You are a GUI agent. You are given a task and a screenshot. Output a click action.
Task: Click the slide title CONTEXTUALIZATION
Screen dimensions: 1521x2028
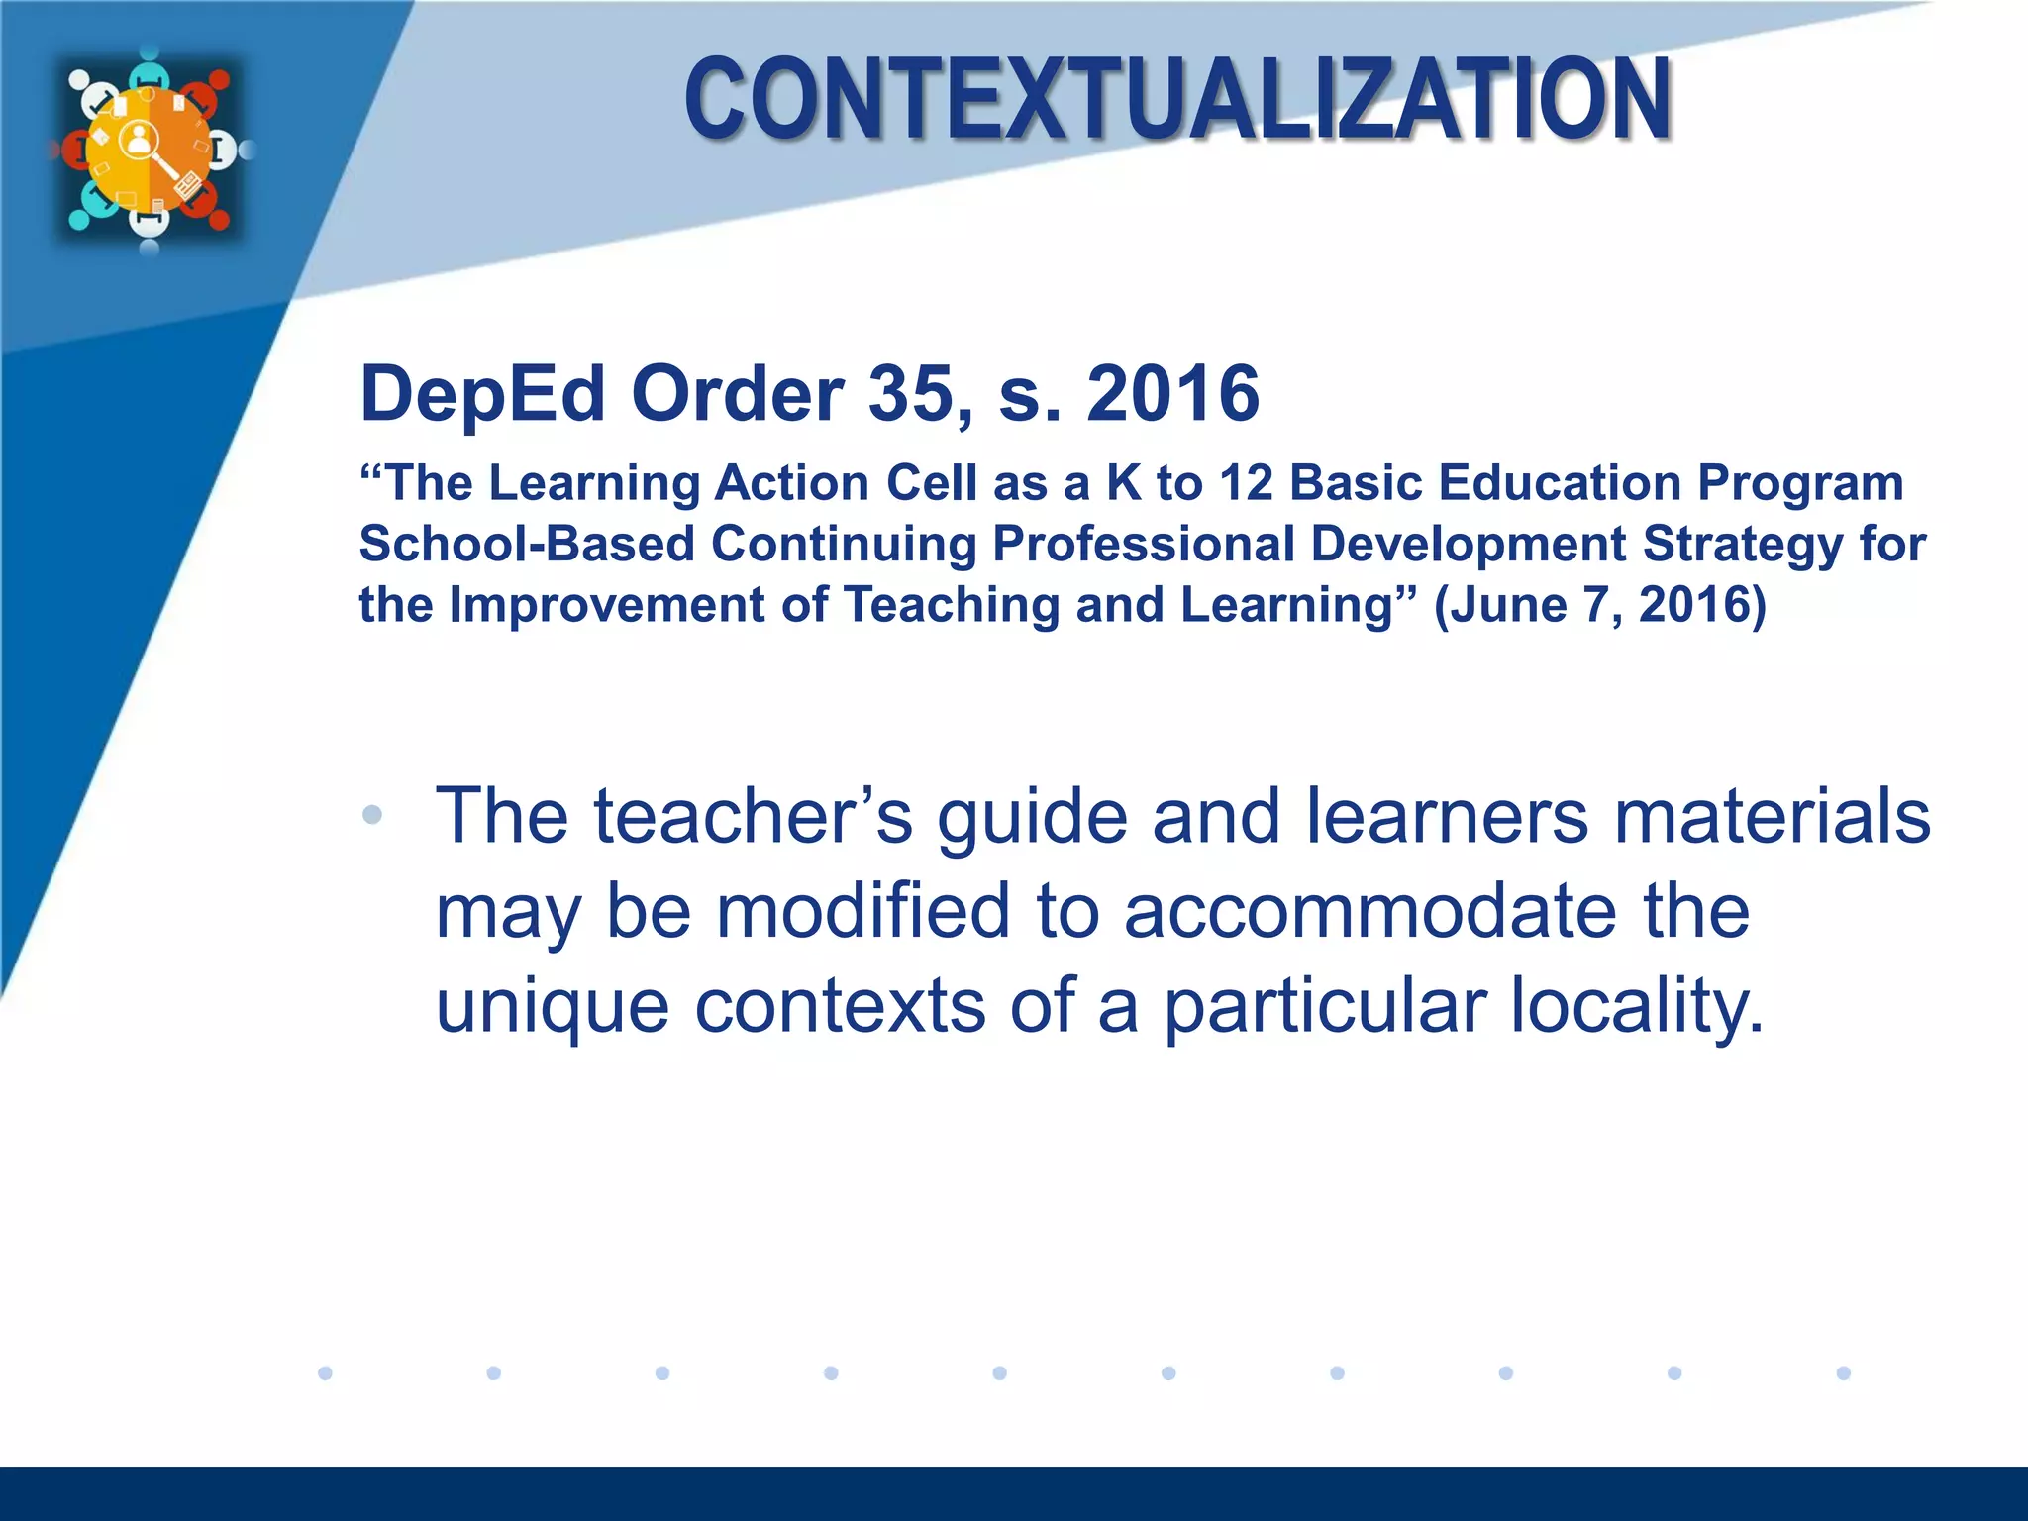tap(1178, 99)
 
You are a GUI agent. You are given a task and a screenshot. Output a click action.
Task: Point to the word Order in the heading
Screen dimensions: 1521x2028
tap(738, 394)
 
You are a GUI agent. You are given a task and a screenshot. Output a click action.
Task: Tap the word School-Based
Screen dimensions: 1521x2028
tap(527, 544)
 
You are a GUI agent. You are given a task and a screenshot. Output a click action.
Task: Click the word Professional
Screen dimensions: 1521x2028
tap(1144, 544)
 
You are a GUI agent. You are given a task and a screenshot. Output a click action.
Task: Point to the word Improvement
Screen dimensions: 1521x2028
tap(607, 605)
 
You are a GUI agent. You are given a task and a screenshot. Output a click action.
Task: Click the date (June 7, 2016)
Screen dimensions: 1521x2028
tap(1600, 605)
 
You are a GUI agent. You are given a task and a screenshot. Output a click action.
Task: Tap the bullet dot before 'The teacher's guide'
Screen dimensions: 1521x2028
tap(372, 815)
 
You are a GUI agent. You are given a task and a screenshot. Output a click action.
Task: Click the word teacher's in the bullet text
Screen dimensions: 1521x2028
tap(753, 817)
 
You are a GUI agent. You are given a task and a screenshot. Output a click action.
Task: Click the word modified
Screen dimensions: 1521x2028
tap(862, 911)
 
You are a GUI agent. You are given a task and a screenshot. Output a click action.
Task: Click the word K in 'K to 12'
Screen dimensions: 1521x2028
tap(1123, 483)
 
